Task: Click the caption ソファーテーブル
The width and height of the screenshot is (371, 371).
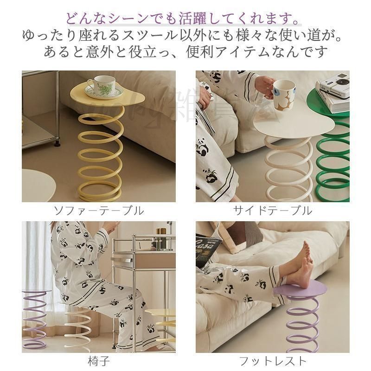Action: (x=98, y=211)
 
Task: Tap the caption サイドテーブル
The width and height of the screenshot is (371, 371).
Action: (x=272, y=211)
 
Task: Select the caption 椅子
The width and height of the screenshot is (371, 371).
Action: (x=98, y=360)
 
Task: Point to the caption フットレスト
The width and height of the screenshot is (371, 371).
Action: (x=272, y=360)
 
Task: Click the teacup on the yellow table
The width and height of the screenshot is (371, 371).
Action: (x=102, y=85)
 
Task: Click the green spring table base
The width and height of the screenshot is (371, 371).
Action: (x=333, y=158)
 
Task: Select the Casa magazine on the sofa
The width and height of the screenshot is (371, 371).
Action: (x=208, y=251)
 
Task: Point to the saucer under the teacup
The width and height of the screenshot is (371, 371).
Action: (x=103, y=95)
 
